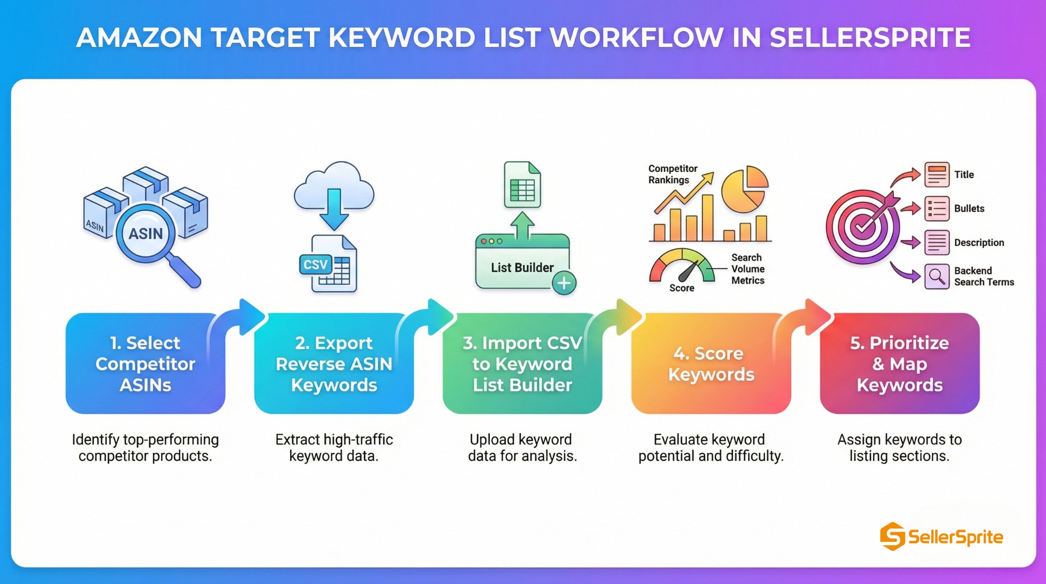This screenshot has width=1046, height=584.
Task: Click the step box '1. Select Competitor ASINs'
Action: click(x=145, y=364)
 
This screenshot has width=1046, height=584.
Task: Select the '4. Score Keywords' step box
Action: click(x=710, y=364)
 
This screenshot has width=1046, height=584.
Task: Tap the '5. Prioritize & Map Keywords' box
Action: click(x=899, y=364)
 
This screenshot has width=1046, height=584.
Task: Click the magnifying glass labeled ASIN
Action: click(x=146, y=234)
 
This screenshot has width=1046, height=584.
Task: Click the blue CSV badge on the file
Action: click(x=315, y=265)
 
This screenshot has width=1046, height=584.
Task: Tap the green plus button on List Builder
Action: click(x=564, y=283)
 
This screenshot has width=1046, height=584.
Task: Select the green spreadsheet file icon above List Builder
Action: click(x=522, y=185)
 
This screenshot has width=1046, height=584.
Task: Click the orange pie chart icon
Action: click(x=744, y=189)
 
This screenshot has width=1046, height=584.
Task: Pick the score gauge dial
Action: click(x=681, y=267)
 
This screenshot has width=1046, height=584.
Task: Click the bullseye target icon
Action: click(x=862, y=226)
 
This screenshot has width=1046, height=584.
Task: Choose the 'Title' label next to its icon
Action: click(x=964, y=175)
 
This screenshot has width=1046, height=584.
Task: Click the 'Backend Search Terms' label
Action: click(x=984, y=277)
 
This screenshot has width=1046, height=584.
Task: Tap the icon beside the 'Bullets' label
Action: click(x=937, y=209)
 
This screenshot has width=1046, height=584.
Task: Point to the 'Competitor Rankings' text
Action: click(x=673, y=174)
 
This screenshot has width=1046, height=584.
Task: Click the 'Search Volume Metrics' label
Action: click(x=748, y=269)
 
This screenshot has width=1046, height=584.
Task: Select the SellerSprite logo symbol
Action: click(x=892, y=536)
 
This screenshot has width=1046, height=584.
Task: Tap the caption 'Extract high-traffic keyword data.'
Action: click(x=334, y=448)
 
